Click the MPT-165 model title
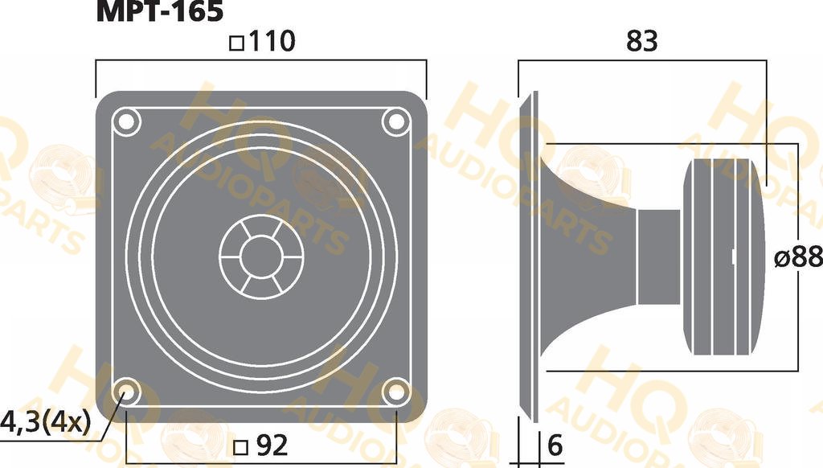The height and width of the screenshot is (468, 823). pyautogui.click(x=160, y=10)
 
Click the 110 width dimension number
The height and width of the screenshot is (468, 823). pyautogui.click(x=272, y=41)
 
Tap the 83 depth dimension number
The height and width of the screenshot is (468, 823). pyautogui.click(x=642, y=41)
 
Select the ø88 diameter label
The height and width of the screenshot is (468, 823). pyautogui.click(x=798, y=257)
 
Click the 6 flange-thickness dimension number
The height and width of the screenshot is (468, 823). pyautogui.click(x=555, y=445)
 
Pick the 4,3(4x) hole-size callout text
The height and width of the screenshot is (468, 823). pyautogui.click(x=46, y=421)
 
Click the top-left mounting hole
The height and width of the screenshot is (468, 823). pyautogui.click(x=126, y=122)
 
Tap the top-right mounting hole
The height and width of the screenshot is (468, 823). pyautogui.click(x=396, y=122)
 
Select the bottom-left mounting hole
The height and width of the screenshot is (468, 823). pyautogui.click(x=126, y=392)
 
